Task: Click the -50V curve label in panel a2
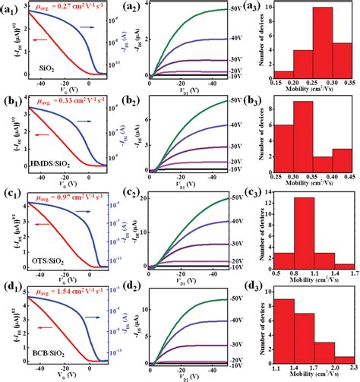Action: point(238,11)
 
